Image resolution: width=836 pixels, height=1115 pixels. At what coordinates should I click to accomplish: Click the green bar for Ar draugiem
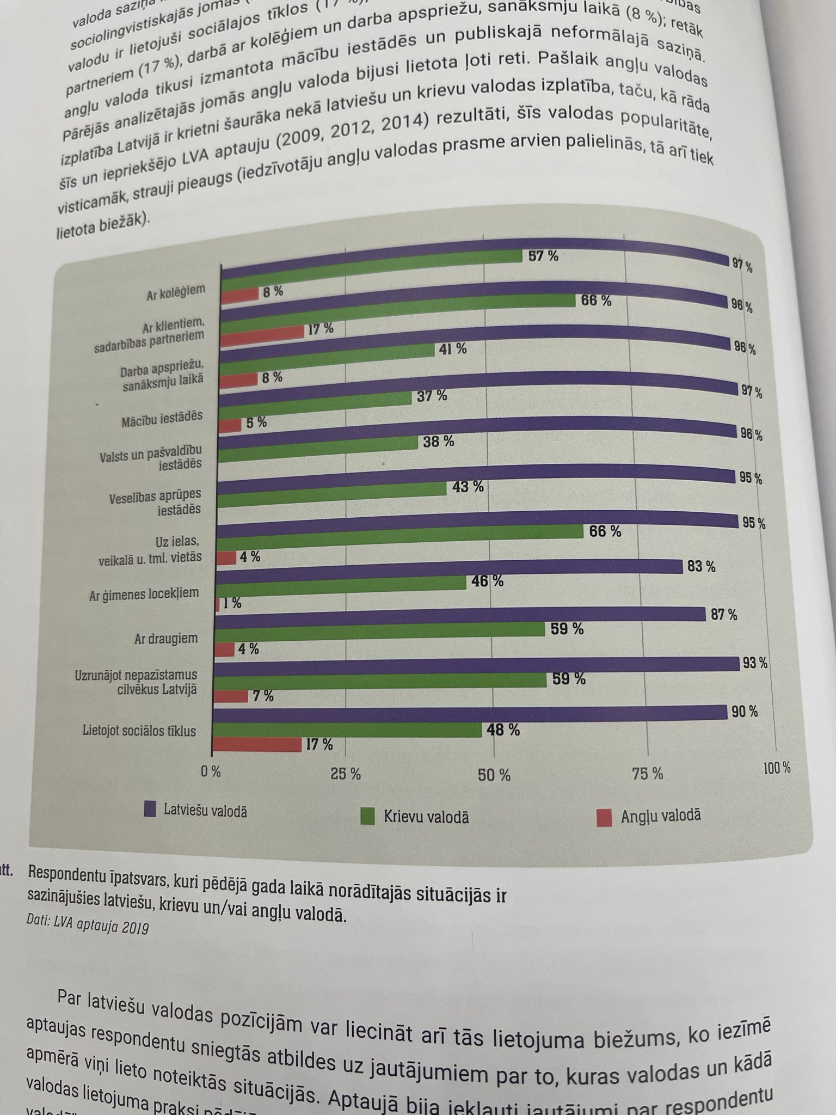click(x=381, y=631)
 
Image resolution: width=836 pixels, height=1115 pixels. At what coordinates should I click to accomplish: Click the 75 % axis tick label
click(x=648, y=774)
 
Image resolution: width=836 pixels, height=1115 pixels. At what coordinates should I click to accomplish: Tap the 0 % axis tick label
click(x=211, y=771)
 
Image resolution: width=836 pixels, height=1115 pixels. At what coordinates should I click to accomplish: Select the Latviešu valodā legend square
click(x=150, y=808)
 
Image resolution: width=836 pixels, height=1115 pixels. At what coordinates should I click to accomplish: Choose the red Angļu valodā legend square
click(x=604, y=818)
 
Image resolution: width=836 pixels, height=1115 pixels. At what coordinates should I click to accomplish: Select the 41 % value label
click(x=453, y=349)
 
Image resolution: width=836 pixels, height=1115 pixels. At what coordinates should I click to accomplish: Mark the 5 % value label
click(x=256, y=422)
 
